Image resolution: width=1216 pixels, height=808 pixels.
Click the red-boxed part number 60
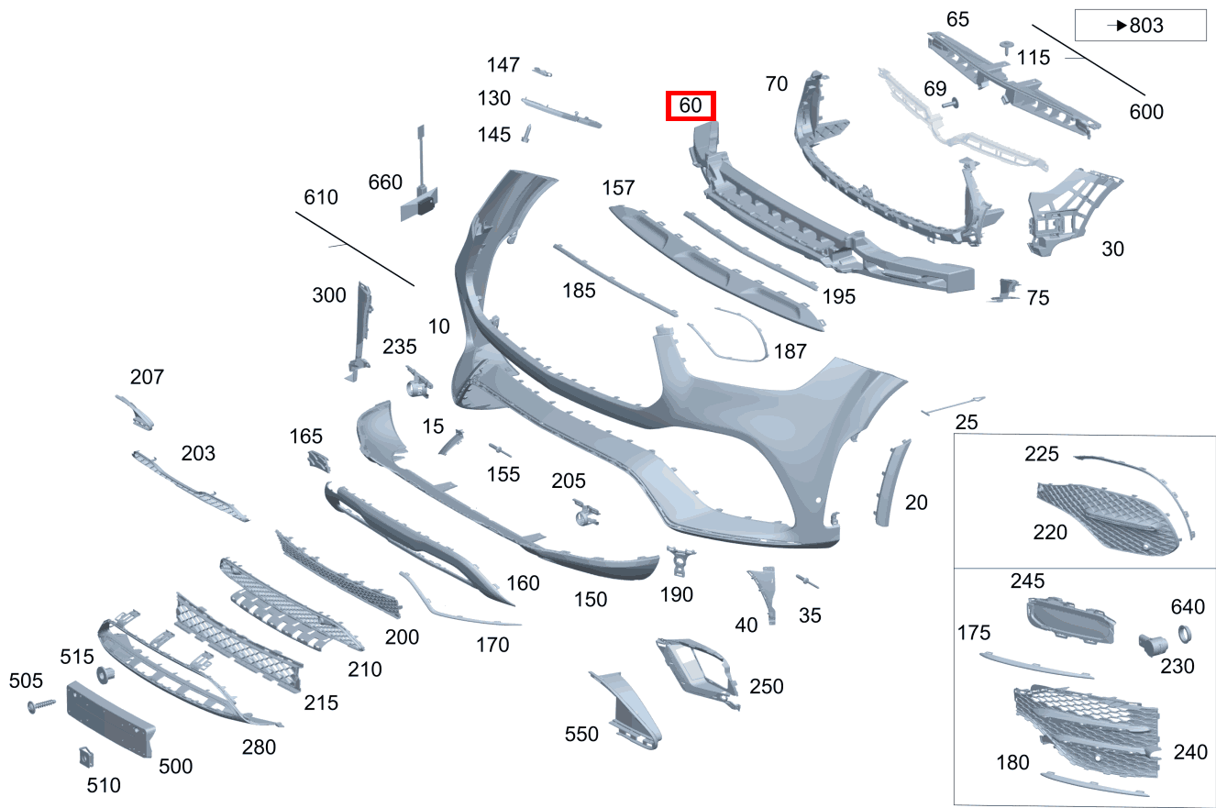[x=691, y=105]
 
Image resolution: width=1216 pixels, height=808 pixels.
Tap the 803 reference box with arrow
[x=1141, y=25]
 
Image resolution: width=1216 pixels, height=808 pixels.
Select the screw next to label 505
[x=41, y=705]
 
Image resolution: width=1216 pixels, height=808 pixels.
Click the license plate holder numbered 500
[x=110, y=719]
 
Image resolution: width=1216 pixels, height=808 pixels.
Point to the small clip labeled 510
[x=86, y=757]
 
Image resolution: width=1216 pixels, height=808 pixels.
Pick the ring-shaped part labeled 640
[x=1185, y=634]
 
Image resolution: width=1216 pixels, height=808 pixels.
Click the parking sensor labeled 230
[x=1153, y=645]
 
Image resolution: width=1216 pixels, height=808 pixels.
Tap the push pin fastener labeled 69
[x=951, y=103]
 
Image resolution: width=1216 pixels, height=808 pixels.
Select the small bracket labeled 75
[x=1005, y=290]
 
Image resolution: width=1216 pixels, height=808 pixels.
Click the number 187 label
[x=790, y=351]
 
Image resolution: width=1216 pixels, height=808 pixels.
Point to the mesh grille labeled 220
[x=1108, y=518]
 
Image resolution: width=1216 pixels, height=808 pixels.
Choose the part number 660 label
[x=385, y=182]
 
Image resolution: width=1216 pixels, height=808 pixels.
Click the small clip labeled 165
[x=318, y=461]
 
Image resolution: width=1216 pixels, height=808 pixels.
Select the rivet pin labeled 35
[x=807, y=581]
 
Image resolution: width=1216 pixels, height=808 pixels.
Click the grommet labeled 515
[x=105, y=676]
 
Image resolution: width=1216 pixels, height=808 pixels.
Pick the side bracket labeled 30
[x=1071, y=212]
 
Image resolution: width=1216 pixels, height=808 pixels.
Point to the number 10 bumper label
[x=439, y=327]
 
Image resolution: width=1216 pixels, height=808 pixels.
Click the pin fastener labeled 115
[x=1007, y=48]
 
